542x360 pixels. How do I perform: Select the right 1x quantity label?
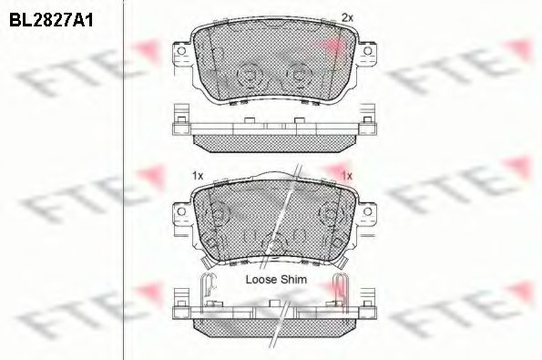(x=346, y=173)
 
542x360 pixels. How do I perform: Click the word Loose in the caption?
(x=263, y=280)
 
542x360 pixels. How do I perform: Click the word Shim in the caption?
(x=294, y=280)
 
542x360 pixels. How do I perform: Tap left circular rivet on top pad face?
(x=247, y=75)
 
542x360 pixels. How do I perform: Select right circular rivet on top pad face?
(x=297, y=75)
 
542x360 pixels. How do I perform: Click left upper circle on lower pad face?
(x=217, y=214)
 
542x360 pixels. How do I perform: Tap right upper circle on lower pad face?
(x=328, y=214)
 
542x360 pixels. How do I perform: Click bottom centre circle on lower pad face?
(x=272, y=243)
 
